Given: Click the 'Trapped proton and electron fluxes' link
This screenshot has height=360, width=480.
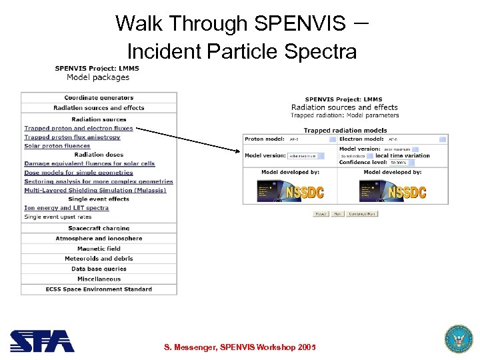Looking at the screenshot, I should coord(78,128).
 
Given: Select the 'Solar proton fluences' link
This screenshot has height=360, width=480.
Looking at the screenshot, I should coord(57,146).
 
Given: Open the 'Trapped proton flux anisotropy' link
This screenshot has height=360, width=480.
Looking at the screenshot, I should coord(72,137).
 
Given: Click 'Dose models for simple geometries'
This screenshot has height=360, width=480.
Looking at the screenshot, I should coord(79,173).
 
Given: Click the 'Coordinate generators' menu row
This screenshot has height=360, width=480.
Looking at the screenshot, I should coord(99,98).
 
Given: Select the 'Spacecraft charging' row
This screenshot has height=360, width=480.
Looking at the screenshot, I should coord(99,228).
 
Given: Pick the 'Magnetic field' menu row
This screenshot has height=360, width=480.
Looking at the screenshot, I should coord(99,249).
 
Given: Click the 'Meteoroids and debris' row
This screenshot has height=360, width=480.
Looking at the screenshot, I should coord(99,259).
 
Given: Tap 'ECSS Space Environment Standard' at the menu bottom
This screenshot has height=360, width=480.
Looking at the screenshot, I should coord(99,289).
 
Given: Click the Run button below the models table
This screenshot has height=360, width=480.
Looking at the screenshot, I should coord(338,214).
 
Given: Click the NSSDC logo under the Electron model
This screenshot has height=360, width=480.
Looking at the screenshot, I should coord(392,191).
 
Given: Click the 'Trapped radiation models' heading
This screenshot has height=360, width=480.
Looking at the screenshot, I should coord(345,131).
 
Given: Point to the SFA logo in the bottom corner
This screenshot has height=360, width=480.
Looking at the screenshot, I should coord(41,341).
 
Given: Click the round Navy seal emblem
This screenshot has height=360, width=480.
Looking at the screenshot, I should coord(458,339).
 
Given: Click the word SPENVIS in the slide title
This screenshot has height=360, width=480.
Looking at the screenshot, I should coord(298,24).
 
